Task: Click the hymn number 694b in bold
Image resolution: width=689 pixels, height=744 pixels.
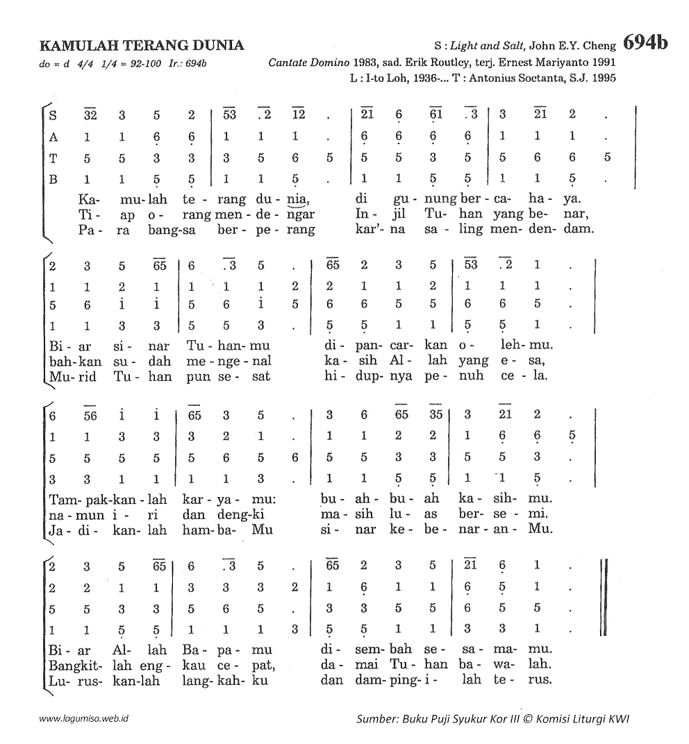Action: click(645, 43)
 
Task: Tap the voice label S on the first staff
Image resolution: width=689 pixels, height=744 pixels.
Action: click(53, 115)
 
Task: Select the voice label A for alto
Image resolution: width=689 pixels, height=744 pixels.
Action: click(53, 137)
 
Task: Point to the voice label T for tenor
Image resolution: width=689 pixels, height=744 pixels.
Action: click(53, 158)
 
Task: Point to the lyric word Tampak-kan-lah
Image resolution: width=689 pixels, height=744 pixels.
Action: click(108, 499)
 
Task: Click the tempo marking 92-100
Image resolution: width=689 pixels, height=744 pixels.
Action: click(138, 64)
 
